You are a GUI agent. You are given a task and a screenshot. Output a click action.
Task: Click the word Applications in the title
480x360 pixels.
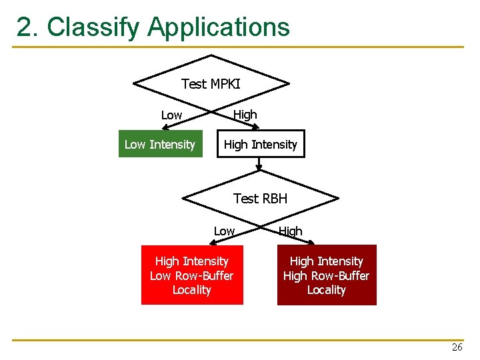tap(219, 27)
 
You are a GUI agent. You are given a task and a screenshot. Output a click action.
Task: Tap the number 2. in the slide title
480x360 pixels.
tap(29, 27)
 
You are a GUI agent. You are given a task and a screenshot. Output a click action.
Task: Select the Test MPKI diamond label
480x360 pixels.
tap(211, 84)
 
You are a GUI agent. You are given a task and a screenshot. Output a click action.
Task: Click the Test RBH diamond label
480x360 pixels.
tap(260, 199)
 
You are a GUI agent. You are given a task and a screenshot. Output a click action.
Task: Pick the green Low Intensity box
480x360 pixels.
tap(160, 145)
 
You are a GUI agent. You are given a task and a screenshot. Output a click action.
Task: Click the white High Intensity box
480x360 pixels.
tap(261, 145)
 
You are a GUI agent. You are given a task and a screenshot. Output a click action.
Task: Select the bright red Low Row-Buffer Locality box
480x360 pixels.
tap(192, 275)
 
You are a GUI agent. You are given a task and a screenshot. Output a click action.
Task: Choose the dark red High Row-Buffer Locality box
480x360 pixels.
tap(327, 275)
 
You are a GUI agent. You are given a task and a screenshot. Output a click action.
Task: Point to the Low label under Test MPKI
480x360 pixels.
tap(171, 115)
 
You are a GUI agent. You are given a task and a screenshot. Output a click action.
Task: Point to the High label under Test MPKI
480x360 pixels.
tap(245, 115)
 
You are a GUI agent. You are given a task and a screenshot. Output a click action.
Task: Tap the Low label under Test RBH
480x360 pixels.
tap(224, 231)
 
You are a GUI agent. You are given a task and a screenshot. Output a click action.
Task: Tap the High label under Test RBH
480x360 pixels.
tap(290, 231)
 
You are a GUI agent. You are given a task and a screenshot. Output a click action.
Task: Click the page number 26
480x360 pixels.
tap(457, 347)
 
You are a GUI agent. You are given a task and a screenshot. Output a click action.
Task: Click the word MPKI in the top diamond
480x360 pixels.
tap(225, 84)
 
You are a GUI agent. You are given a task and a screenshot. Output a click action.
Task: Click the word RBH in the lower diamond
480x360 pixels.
tap(275, 199)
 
